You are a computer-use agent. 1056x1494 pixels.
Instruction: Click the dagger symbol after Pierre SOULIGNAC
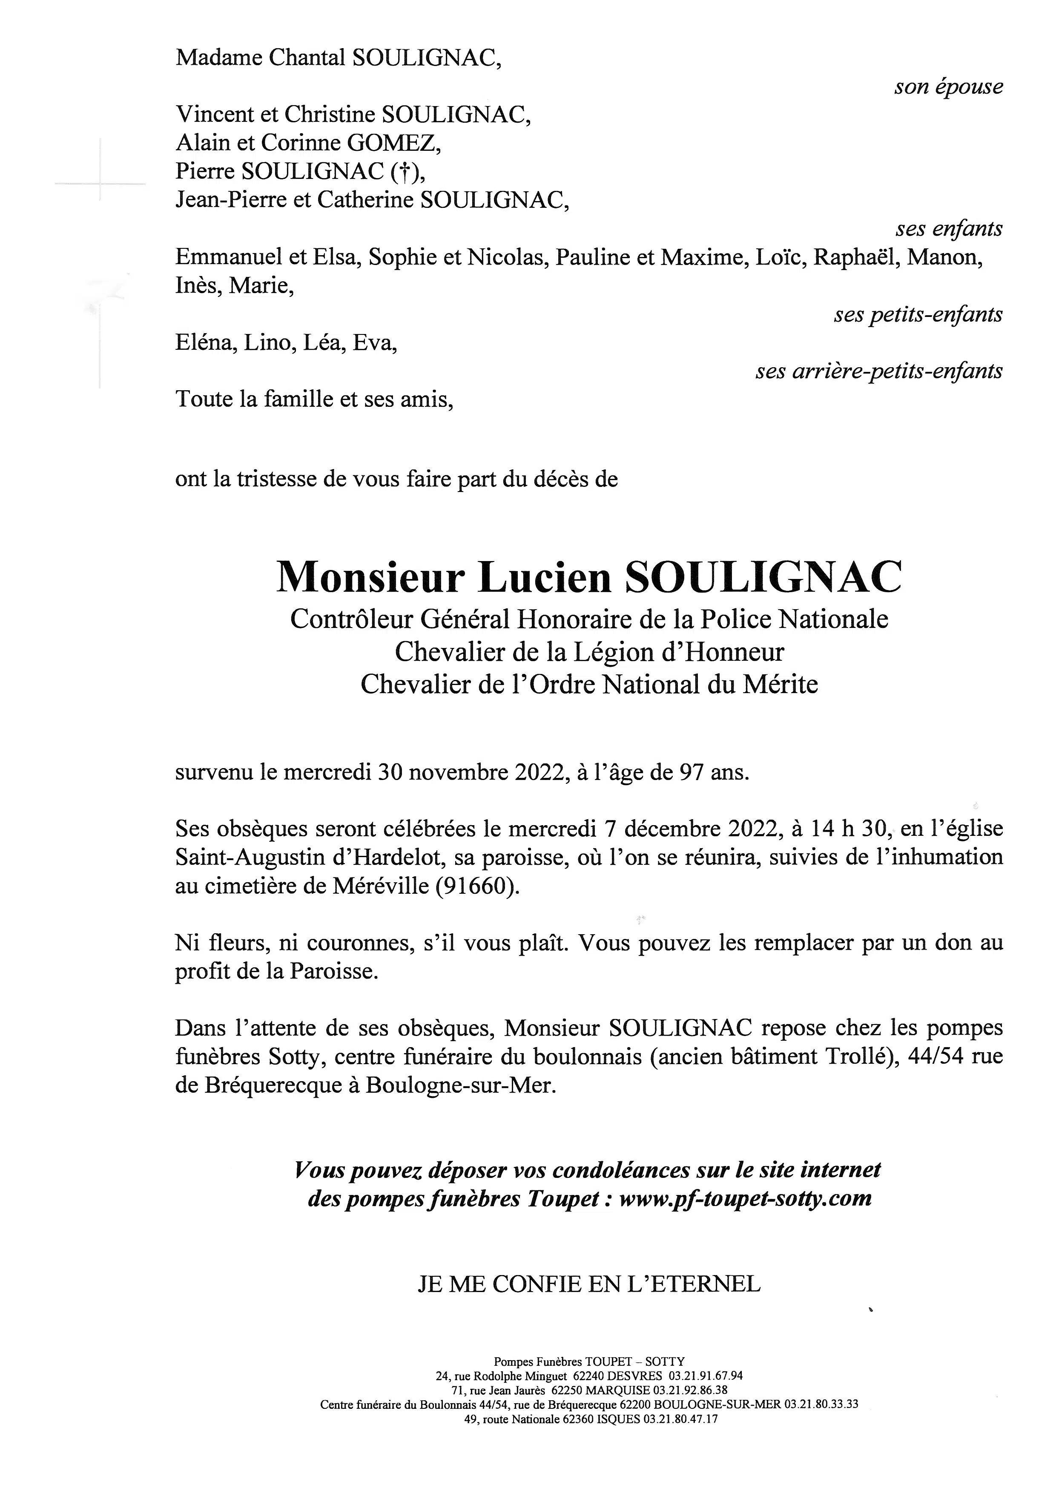click(x=403, y=171)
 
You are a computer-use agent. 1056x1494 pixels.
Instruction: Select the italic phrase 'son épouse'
click(x=949, y=86)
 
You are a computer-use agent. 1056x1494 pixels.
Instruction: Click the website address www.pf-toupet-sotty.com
click(x=745, y=1198)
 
